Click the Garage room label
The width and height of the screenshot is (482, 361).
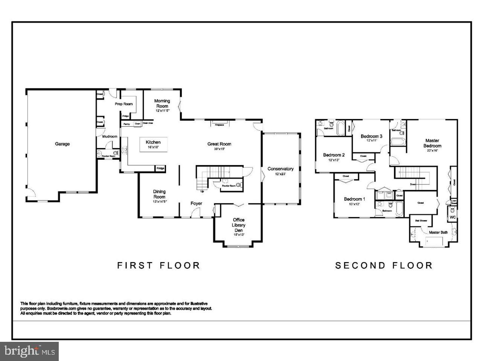(63, 144)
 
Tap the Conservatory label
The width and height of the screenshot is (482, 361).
(281, 169)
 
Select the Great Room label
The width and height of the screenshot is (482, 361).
(219, 144)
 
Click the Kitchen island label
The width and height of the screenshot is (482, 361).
(153, 143)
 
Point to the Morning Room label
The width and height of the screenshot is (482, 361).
(162, 104)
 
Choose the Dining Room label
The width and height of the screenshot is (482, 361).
(159, 194)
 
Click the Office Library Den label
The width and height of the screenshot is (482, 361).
(239, 225)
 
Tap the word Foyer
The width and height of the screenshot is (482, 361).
(196, 203)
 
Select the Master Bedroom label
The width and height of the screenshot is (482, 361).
(432, 143)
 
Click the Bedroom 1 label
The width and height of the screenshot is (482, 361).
(354, 199)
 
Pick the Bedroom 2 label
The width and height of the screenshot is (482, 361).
(334, 155)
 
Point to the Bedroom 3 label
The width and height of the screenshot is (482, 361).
(371, 136)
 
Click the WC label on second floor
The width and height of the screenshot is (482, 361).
(453, 217)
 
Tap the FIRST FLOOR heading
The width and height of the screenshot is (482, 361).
(159, 265)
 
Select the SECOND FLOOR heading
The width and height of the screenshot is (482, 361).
(384, 265)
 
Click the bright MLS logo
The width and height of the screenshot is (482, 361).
(29, 351)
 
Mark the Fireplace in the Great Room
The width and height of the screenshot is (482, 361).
(220, 124)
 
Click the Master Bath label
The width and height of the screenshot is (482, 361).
(438, 232)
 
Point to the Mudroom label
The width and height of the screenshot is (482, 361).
(110, 137)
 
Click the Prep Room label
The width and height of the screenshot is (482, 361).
(124, 104)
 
